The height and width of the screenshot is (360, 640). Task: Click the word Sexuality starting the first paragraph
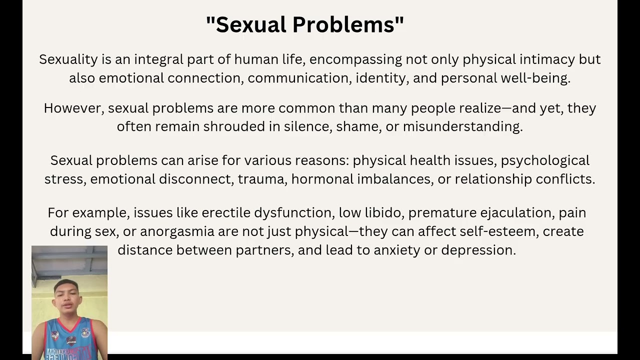[68, 59]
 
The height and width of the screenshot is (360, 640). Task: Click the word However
[73, 108]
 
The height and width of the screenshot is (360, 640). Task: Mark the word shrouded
[234, 126]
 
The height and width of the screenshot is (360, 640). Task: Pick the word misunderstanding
[462, 126]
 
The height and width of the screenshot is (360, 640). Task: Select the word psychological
[545, 160]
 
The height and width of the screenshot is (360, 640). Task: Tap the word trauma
[261, 179]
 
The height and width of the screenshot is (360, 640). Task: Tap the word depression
[478, 250]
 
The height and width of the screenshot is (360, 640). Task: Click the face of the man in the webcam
[67, 296]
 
